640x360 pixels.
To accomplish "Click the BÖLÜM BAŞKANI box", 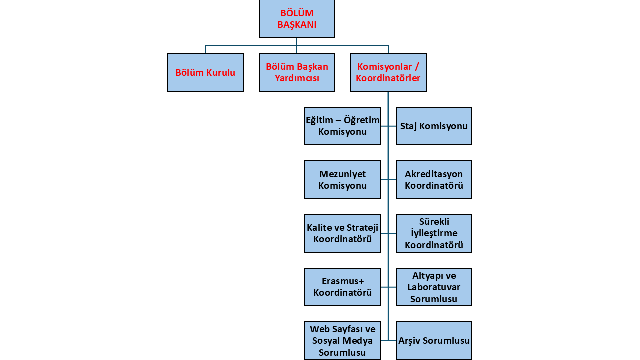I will click(x=297, y=19).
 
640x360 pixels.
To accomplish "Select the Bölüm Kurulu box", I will click(x=205, y=72).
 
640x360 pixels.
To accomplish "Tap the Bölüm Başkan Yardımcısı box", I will click(x=297, y=72).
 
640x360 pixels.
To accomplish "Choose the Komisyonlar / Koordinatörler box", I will click(x=388, y=72).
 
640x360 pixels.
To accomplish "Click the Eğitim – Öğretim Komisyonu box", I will click(x=342, y=126).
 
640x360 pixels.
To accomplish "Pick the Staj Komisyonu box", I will click(x=434, y=126).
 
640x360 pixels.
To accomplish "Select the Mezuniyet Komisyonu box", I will click(x=342, y=180).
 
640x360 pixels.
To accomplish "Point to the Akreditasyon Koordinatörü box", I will click(x=434, y=180).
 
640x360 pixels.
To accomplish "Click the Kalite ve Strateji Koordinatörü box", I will click(x=342, y=233).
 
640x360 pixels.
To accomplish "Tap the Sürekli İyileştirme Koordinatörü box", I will click(x=434, y=233).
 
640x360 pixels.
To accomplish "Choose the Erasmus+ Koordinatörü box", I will click(x=342, y=287).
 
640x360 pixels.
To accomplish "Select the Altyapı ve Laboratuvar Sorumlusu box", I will click(x=434, y=287).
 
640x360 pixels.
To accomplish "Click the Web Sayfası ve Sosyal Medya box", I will click(x=342, y=341).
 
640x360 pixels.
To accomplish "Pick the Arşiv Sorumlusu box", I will click(x=434, y=341).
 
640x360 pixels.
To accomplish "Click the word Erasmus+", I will click(x=343, y=281).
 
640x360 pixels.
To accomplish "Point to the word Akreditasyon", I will click(x=434, y=174).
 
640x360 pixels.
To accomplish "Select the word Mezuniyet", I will click(x=342, y=174).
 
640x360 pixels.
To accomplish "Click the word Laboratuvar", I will click(x=434, y=287).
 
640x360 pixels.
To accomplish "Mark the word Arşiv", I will click(x=409, y=341).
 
